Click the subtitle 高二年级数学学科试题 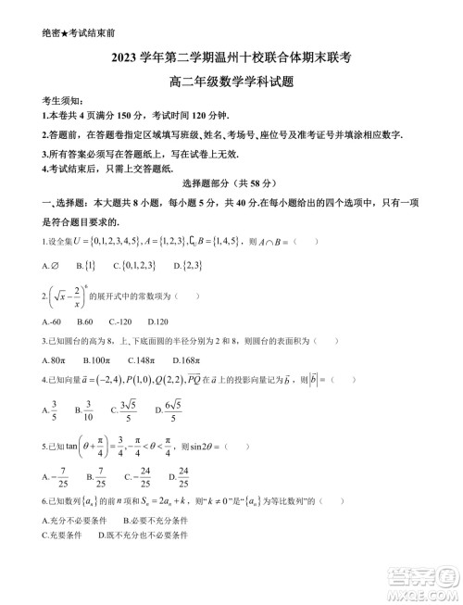pos(231,81)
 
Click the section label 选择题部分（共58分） pos(234,185)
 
